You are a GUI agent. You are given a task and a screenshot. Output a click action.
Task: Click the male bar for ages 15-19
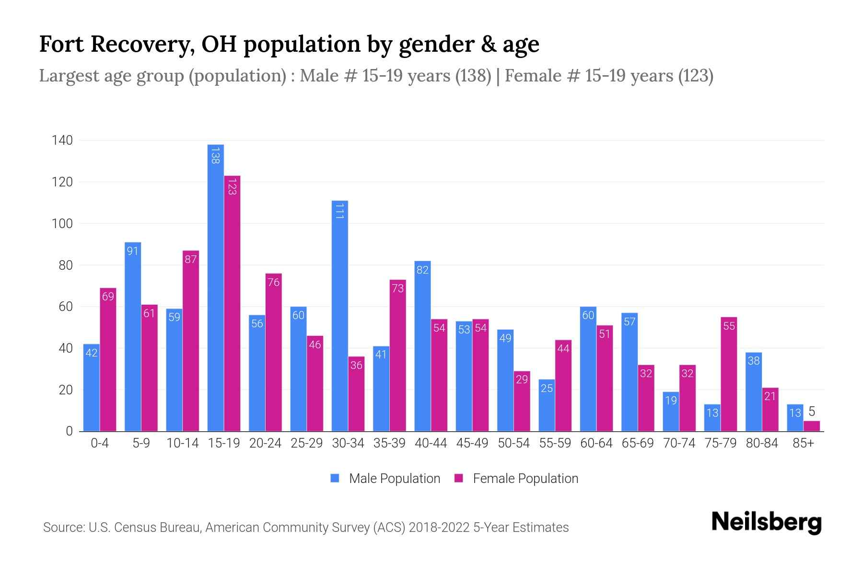click(215, 287)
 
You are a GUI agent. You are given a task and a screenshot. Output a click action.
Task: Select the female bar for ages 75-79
click(729, 374)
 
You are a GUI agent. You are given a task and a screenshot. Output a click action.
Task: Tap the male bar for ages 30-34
click(339, 316)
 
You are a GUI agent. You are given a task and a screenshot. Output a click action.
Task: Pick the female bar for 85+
click(812, 426)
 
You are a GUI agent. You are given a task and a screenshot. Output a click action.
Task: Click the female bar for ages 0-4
click(108, 359)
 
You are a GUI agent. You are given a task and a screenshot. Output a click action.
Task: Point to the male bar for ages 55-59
click(547, 405)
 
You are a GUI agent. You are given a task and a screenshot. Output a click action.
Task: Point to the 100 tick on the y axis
click(62, 224)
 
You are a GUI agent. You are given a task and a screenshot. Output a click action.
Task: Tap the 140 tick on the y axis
click(62, 140)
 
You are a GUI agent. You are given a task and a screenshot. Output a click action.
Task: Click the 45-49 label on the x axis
click(472, 443)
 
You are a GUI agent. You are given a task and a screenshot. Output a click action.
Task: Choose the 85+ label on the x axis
click(803, 443)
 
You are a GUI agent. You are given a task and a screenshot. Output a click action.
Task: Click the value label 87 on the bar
click(190, 259)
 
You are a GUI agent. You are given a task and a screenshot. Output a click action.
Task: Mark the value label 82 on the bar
click(422, 270)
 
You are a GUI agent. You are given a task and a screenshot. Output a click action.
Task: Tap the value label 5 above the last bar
click(812, 412)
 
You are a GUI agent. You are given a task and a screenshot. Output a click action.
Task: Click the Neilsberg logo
click(766, 522)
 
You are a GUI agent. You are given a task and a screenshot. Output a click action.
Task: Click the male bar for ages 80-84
click(754, 392)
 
